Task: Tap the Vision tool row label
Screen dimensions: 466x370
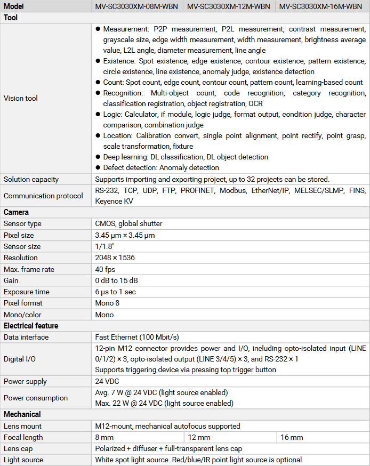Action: coord(21,98)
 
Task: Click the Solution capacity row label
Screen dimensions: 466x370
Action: coord(31,179)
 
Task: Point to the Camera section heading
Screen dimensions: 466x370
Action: coord(16,212)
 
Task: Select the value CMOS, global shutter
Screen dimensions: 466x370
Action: coord(128,223)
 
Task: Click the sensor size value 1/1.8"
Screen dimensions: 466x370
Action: coord(106,246)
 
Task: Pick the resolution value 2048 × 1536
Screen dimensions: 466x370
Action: coord(115,258)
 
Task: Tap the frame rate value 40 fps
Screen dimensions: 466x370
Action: coord(105,269)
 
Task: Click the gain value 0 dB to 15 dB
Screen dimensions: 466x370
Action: coord(116,280)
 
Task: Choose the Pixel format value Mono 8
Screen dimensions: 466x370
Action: coord(107,303)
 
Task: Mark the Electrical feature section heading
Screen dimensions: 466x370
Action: coord(31,326)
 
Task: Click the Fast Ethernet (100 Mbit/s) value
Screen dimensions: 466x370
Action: coord(137,337)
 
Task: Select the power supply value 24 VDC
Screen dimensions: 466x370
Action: coord(107,381)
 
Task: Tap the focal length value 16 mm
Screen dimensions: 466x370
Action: coord(292,437)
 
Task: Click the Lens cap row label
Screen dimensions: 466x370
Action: coord(19,448)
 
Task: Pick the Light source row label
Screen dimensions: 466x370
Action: coord(23,460)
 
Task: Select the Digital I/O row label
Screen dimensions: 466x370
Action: coord(20,359)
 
